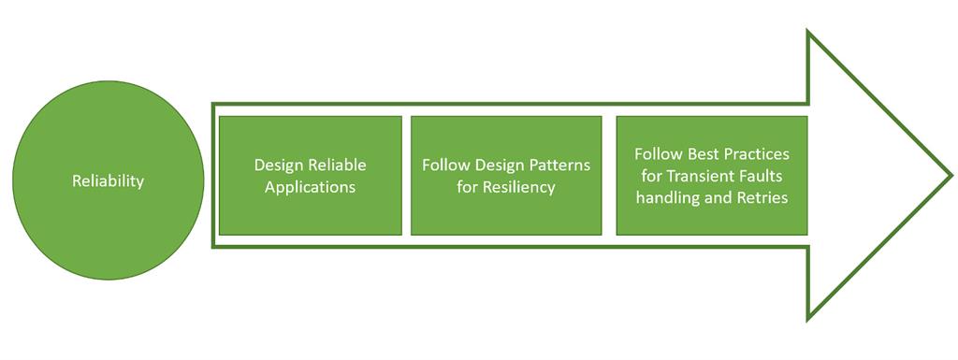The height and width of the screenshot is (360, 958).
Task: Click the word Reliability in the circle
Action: [x=108, y=181]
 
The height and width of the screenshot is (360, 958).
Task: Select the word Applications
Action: [x=310, y=186]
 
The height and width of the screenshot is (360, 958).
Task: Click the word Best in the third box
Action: [x=698, y=152]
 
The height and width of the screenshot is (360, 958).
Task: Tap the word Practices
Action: [x=754, y=152]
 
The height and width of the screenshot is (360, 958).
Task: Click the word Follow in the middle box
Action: [x=443, y=165]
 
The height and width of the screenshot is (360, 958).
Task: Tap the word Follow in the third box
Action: [x=656, y=152]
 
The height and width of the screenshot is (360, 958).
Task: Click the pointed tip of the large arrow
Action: [x=951, y=175]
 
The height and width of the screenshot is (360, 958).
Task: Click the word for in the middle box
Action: [x=470, y=186]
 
